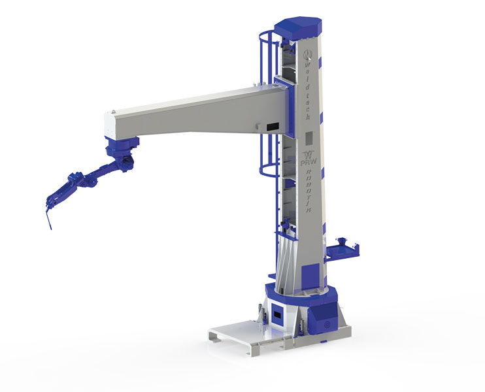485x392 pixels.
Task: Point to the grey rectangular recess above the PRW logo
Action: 309,138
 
